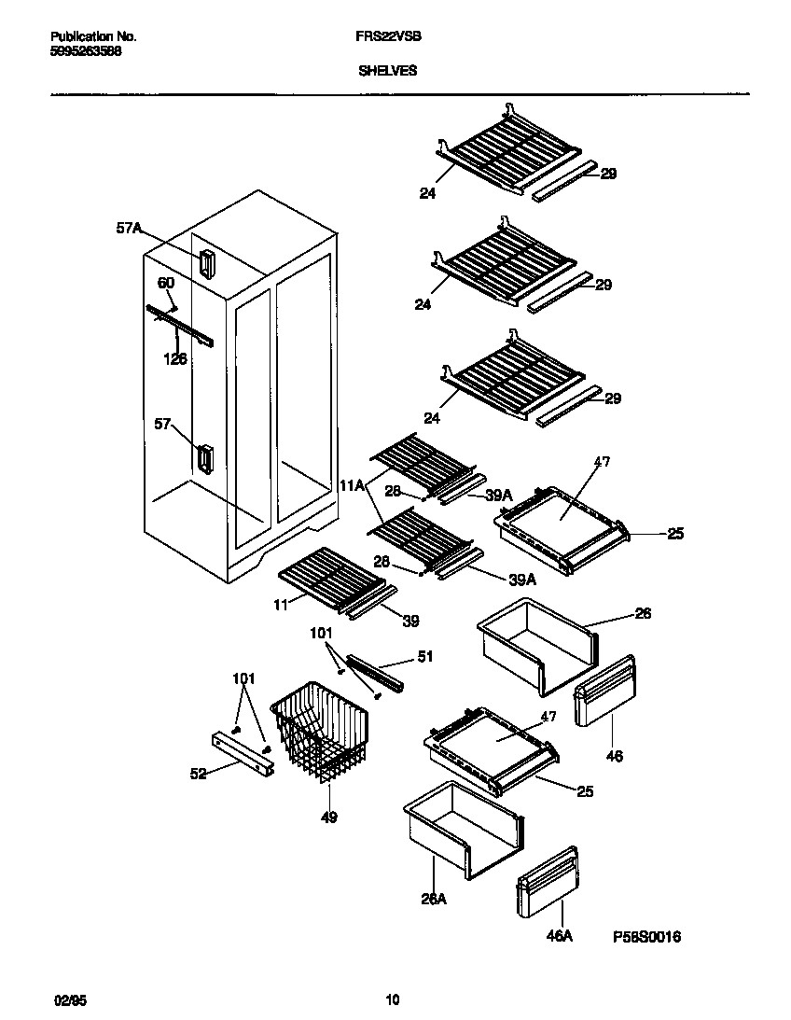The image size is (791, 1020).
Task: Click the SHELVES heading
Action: coord(388,70)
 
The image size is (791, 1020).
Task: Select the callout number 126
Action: coord(175,358)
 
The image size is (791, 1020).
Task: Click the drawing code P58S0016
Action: coord(646,936)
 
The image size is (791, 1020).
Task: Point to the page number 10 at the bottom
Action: coord(393,1000)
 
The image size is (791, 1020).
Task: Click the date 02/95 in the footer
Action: coord(60,1000)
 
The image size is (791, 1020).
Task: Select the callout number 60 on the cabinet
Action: coord(165,283)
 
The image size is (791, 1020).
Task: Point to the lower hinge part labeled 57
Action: coord(205,458)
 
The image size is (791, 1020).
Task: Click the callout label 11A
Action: coord(352,486)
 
